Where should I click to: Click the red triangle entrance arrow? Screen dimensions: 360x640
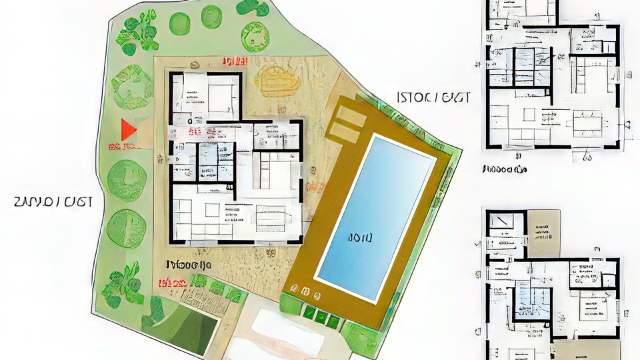point(128,129)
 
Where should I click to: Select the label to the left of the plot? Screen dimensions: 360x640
point(53,201)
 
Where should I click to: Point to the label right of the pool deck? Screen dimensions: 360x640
point(434,97)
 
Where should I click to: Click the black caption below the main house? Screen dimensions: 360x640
point(188,265)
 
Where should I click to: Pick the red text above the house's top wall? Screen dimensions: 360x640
point(234,61)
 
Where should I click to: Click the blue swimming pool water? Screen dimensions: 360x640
point(377,213)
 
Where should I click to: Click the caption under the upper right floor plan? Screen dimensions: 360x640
point(505,169)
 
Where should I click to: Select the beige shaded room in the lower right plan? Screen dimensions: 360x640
point(543,233)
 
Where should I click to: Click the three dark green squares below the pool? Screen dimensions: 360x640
point(319,317)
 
